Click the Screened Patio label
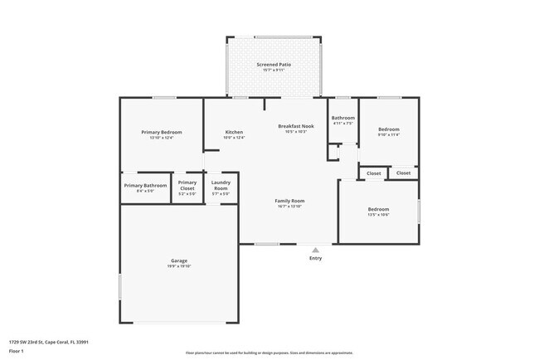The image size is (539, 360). coord(273,64)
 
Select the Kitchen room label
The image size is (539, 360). coord(235,132)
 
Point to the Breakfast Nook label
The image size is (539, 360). coord(296,126)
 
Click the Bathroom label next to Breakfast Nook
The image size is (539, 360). coord(343,118)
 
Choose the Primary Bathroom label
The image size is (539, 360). coord(145,185)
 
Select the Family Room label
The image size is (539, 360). coord(290,201)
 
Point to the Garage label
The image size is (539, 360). coord(179,260)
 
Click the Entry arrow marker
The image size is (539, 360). coord(315,248)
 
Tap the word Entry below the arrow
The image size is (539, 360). coord(315,258)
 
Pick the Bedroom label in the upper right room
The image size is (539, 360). coord(389,129)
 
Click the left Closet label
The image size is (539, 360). coord(374,173)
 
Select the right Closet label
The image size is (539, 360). coord(403,173)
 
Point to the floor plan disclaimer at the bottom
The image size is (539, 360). coord(269,353)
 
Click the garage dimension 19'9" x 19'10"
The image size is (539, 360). coord(179,266)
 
